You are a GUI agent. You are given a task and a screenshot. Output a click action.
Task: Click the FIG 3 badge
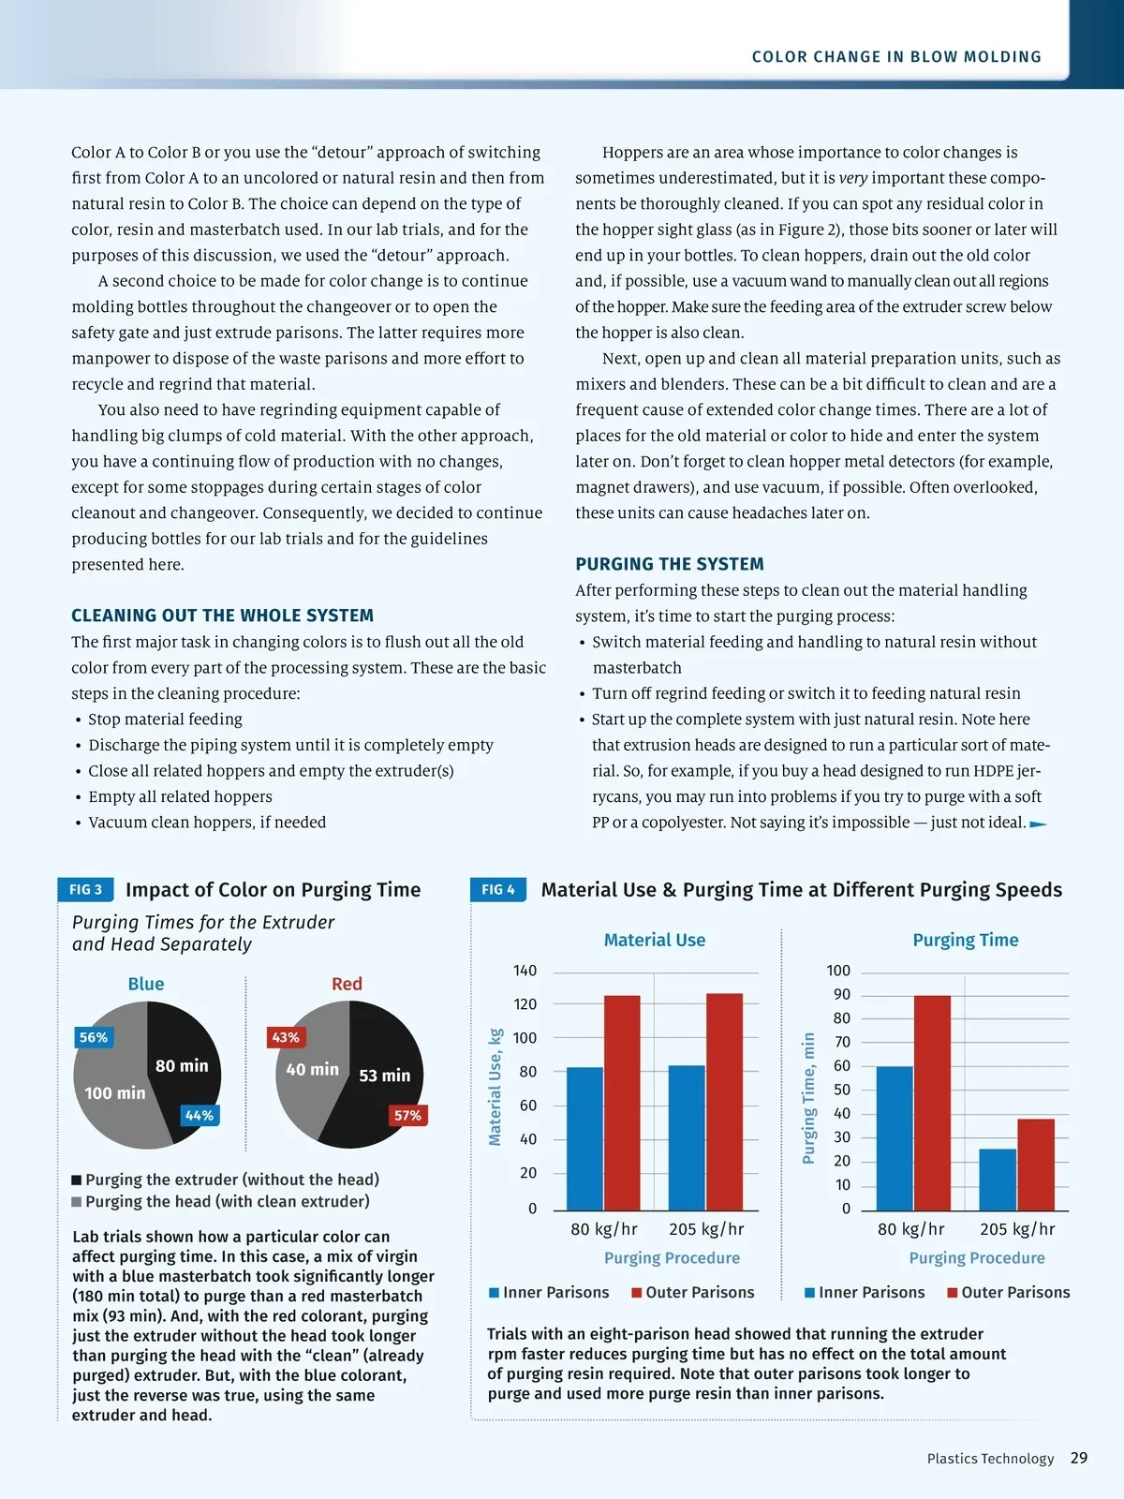[x=85, y=889]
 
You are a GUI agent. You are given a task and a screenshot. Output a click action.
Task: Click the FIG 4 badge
[x=497, y=889]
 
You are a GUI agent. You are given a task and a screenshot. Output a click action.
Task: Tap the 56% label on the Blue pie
[x=94, y=1037]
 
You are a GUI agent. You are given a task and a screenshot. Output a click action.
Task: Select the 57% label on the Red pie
[x=407, y=1115]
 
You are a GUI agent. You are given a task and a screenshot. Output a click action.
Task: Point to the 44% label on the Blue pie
[x=200, y=1115]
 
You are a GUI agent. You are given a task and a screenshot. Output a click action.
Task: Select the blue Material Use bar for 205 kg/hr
[x=687, y=1137]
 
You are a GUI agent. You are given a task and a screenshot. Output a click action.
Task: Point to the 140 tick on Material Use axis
[x=525, y=971]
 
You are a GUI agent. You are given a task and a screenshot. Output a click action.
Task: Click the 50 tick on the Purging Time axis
[x=841, y=1090]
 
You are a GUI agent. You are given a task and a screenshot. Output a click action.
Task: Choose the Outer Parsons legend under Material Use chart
[x=692, y=1292]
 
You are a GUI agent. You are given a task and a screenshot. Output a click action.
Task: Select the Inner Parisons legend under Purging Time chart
[x=865, y=1292]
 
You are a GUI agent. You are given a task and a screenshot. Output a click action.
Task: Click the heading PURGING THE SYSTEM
[x=670, y=564]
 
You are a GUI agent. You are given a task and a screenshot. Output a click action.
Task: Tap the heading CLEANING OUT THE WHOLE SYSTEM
[x=222, y=616]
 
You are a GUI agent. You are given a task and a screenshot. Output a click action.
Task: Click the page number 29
[x=1079, y=1458]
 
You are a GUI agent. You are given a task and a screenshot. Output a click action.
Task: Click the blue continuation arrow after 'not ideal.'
[x=1038, y=824]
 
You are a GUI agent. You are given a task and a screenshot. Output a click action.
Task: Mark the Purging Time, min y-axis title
[x=809, y=1098]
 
